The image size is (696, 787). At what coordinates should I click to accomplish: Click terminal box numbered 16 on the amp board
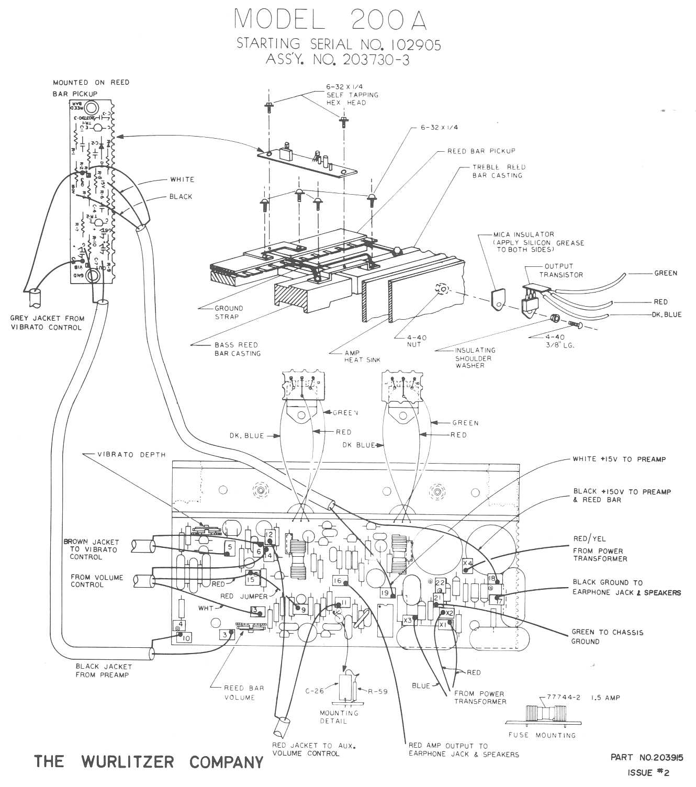[338, 580]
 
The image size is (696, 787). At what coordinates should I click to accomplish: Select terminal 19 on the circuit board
[385, 593]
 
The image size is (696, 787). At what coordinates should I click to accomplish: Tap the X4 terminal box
[468, 563]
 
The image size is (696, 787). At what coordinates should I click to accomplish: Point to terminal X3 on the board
[408, 621]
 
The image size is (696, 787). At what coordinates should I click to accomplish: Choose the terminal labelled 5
[229, 547]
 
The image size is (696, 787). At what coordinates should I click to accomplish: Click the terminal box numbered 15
[252, 579]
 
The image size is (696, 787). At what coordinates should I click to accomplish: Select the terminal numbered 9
[303, 609]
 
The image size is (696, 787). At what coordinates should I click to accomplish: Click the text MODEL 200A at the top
[330, 19]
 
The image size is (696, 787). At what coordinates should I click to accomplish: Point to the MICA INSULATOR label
[523, 234]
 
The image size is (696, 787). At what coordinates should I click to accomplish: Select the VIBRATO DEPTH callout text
[131, 454]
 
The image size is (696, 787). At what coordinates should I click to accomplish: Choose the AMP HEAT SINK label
[362, 356]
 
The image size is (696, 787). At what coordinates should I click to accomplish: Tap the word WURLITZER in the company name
[128, 761]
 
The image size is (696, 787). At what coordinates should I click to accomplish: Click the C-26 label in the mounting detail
[315, 691]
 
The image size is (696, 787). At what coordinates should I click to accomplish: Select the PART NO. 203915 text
[647, 757]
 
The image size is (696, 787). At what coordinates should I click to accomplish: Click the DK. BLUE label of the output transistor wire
[666, 314]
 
